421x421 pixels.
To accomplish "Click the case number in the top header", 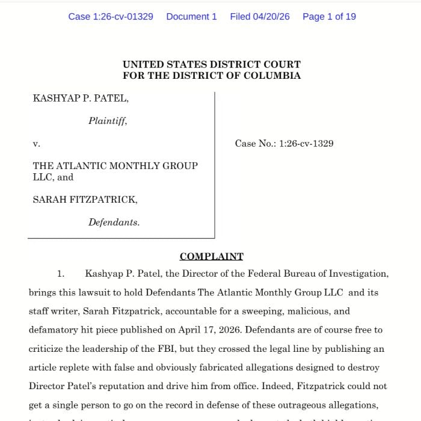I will (111, 17).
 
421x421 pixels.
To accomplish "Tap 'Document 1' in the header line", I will (191, 17).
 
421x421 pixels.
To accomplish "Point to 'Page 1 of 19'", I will (329, 17).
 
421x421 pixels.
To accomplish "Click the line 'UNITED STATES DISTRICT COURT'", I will (212, 64).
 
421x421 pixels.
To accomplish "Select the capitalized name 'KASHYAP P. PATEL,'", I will (81, 99).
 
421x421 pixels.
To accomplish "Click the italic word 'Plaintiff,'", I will (108, 121).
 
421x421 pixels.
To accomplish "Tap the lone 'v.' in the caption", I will (36, 144).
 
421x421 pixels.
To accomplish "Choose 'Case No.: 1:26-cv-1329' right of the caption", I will (284, 144).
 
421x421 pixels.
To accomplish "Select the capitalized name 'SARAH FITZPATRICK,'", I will (85, 200).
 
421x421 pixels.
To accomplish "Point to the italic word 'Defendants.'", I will (114, 222).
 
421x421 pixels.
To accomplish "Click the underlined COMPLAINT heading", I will (211, 257).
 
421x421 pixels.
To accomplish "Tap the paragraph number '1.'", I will (61, 274).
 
